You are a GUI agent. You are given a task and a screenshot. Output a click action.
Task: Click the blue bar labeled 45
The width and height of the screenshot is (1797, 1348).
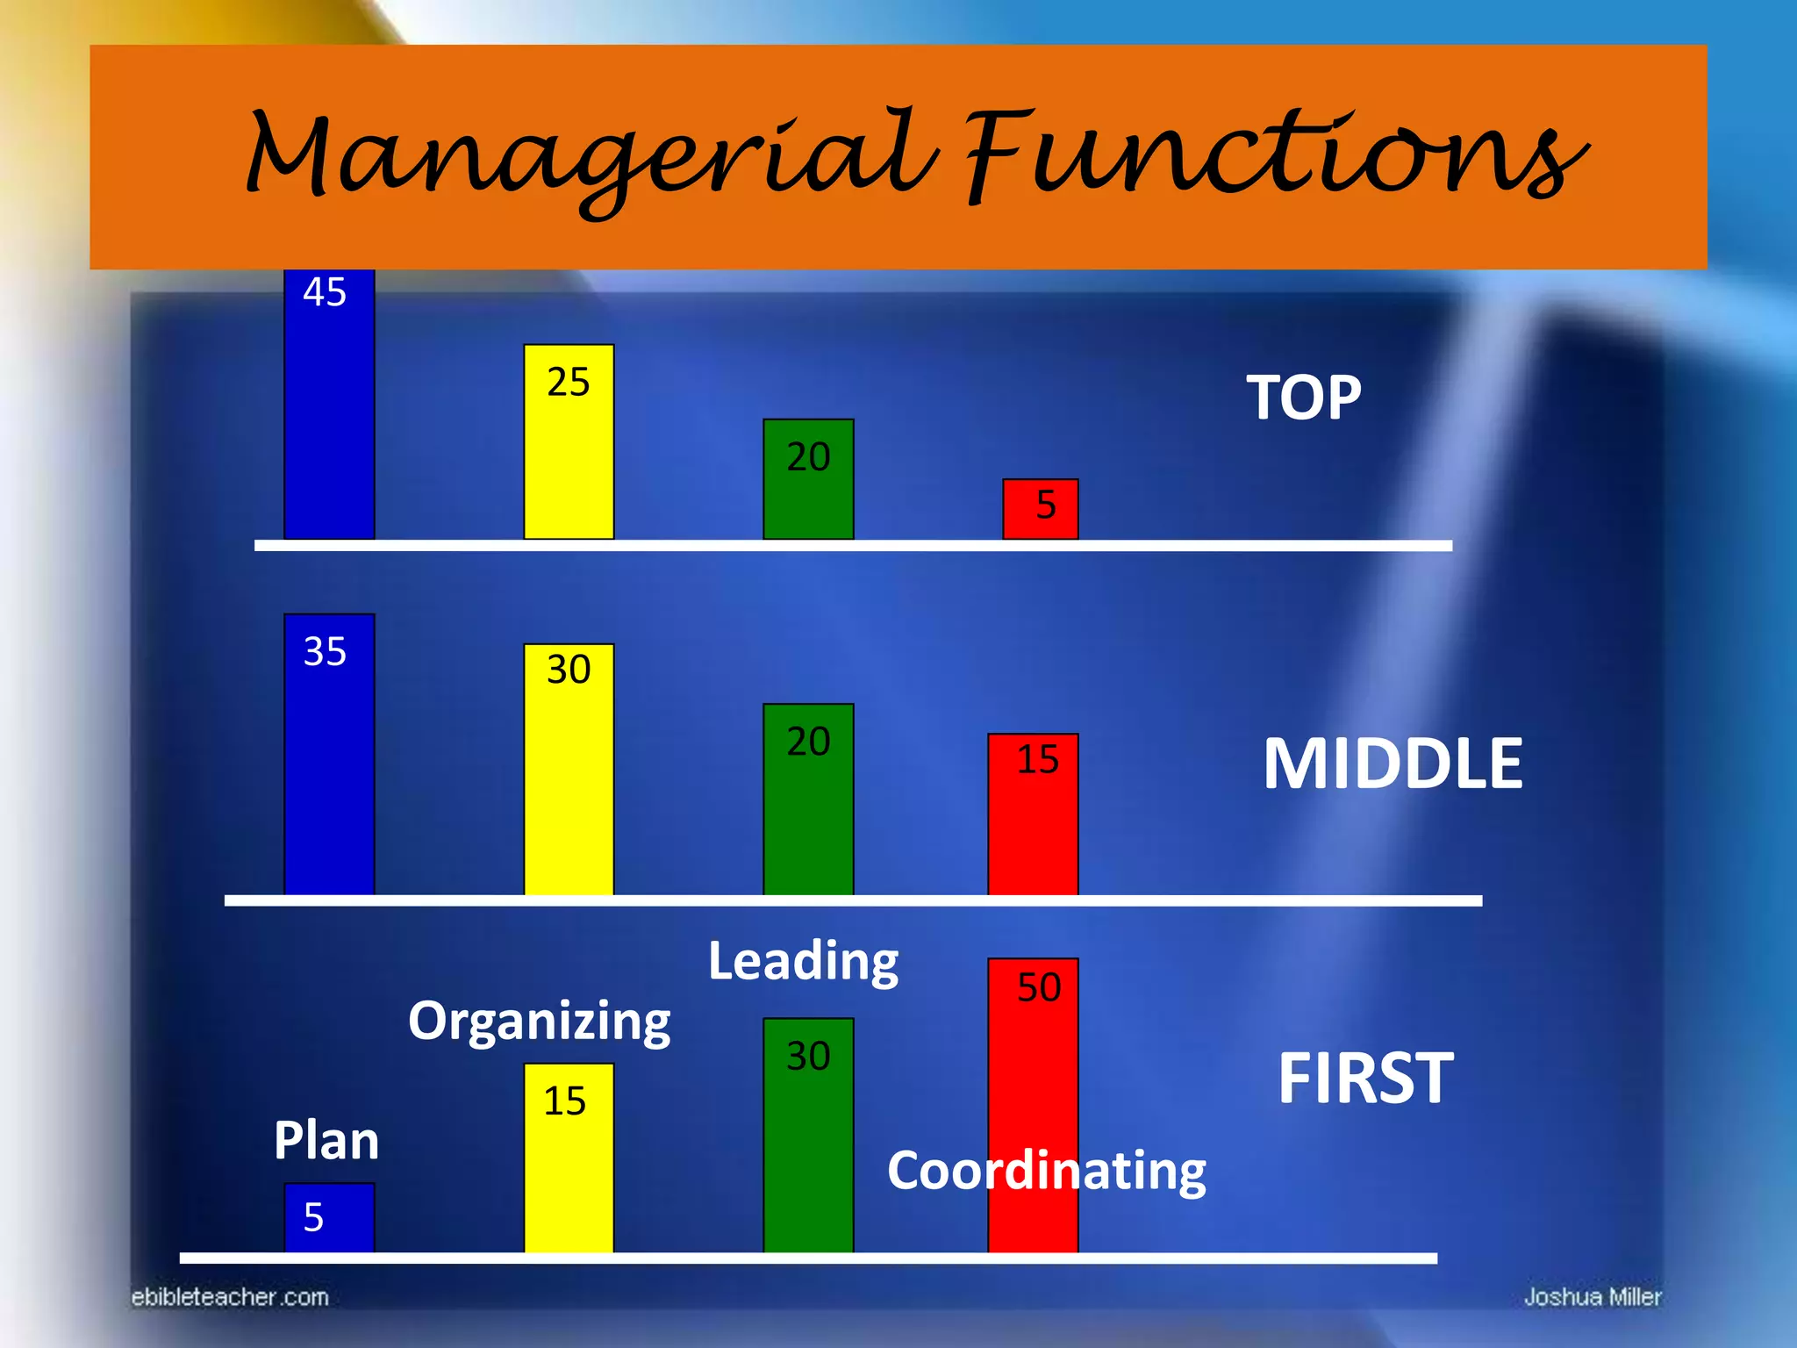click(x=329, y=404)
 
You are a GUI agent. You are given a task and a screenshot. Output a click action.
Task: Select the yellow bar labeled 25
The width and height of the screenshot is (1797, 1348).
click(x=569, y=441)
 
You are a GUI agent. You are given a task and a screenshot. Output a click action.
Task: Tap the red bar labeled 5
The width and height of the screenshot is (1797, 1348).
click(x=1041, y=509)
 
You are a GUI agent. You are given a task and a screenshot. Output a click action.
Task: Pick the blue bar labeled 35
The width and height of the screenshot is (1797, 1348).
click(x=329, y=755)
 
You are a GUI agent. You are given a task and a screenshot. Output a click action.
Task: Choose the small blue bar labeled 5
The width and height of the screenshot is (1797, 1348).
click(x=329, y=1217)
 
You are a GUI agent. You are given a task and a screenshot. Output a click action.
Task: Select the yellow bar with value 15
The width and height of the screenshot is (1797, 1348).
click(x=569, y=1158)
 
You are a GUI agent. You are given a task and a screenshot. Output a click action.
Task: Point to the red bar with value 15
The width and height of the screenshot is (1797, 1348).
click(x=1033, y=814)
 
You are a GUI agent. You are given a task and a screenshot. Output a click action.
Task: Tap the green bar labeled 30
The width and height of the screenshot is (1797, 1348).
click(x=808, y=1135)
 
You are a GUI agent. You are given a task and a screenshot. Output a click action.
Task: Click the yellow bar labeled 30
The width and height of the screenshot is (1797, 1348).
click(x=569, y=770)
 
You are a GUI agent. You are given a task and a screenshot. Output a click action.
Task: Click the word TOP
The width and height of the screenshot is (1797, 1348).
click(x=1304, y=398)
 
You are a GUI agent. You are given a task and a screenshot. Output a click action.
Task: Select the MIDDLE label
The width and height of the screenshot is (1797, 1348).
click(x=1392, y=764)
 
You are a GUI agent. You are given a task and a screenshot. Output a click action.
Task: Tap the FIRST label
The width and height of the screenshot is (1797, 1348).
click(x=1365, y=1078)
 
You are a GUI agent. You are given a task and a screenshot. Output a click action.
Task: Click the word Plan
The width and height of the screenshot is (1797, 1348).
click(x=326, y=1141)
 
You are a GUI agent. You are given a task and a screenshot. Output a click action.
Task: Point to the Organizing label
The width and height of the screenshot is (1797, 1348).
click(x=539, y=1022)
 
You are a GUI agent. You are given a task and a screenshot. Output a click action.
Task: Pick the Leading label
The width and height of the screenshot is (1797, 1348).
click(x=803, y=961)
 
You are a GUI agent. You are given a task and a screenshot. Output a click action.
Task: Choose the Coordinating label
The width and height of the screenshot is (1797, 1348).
click(x=1047, y=1171)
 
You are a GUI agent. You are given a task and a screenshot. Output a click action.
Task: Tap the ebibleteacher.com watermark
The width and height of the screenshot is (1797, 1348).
click(x=230, y=1297)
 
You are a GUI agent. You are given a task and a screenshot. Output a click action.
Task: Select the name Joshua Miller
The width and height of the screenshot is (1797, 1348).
click(x=1593, y=1297)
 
